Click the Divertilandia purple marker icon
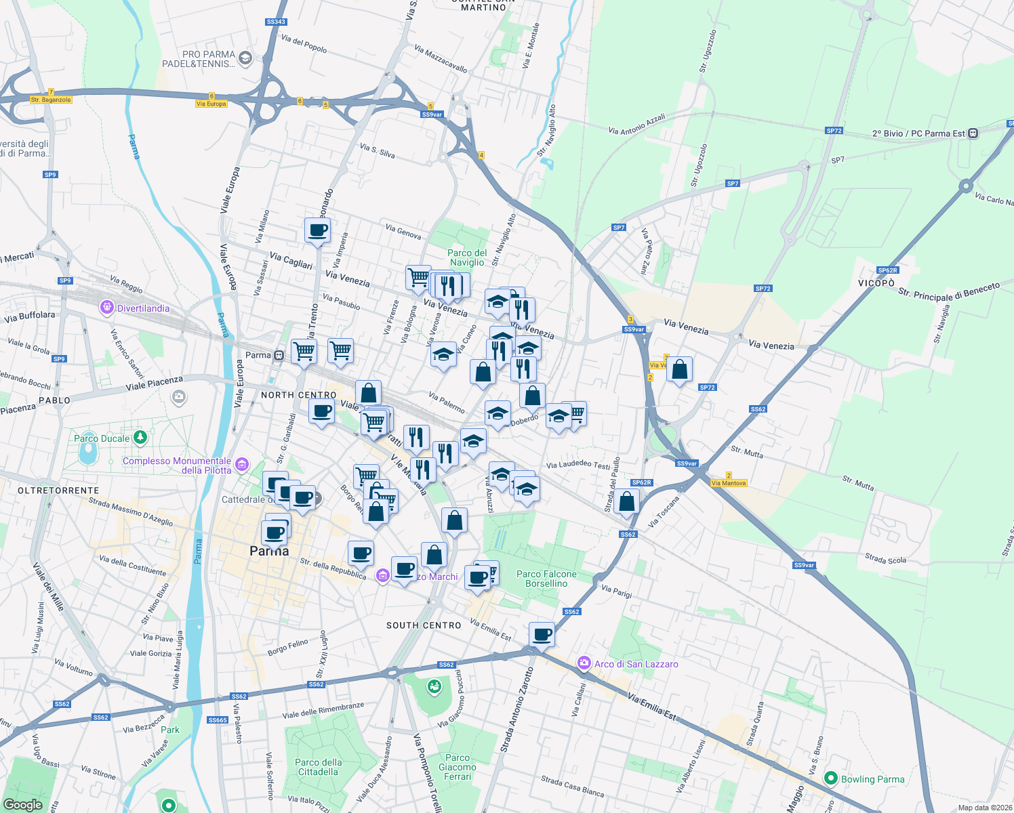106,308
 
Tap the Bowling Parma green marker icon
831,778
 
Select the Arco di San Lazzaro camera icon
584,663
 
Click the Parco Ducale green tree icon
140,438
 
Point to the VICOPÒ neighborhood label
876,283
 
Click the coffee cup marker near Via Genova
317,230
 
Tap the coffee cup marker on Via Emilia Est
542,635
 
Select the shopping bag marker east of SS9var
679,370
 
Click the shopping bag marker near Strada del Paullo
627,502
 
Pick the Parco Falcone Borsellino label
546,579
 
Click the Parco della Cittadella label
319,767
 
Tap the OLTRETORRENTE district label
58,491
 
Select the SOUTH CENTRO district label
424,625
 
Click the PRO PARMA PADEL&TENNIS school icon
245,58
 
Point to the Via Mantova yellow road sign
729,483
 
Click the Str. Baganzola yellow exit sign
51,100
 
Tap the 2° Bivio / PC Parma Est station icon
973,133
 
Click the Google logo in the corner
23,804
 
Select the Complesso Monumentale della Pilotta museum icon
242,465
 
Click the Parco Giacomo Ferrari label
458,767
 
